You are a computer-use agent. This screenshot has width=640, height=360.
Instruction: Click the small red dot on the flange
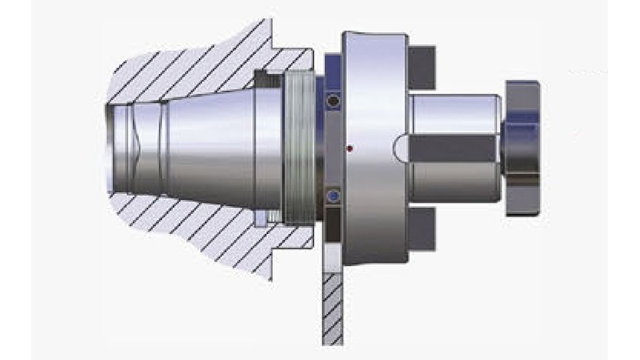pos(348,148)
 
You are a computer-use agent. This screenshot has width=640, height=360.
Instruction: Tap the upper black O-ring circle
pos(331,103)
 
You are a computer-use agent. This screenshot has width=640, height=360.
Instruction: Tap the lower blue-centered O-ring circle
pos(331,197)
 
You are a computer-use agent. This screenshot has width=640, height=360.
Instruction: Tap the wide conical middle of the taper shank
pos(209,148)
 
